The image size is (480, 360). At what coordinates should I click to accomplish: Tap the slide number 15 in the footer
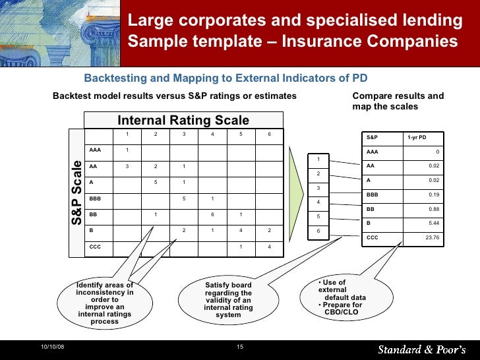point(240,347)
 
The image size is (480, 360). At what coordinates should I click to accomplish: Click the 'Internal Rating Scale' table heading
point(183,120)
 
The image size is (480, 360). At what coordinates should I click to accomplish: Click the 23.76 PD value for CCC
point(432,237)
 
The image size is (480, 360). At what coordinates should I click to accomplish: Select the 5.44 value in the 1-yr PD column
point(433,223)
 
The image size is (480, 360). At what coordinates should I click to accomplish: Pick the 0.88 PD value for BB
point(433,209)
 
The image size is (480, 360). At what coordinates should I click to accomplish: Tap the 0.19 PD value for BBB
point(433,195)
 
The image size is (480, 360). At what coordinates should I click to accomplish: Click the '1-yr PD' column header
point(417,138)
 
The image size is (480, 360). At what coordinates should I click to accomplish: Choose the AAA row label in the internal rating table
point(95,150)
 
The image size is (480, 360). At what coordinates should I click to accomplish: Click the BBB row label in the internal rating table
point(95,198)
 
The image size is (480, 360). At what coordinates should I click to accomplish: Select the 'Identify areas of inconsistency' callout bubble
point(105,303)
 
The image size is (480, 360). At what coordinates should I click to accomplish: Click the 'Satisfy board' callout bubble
point(227,300)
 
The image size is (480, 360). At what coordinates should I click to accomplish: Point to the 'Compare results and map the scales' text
point(398,101)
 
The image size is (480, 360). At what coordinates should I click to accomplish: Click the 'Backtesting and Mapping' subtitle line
point(225,79)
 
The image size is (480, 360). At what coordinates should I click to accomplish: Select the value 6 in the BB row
point(212,214)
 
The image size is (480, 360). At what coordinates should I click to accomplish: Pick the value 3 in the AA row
point(127,166)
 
